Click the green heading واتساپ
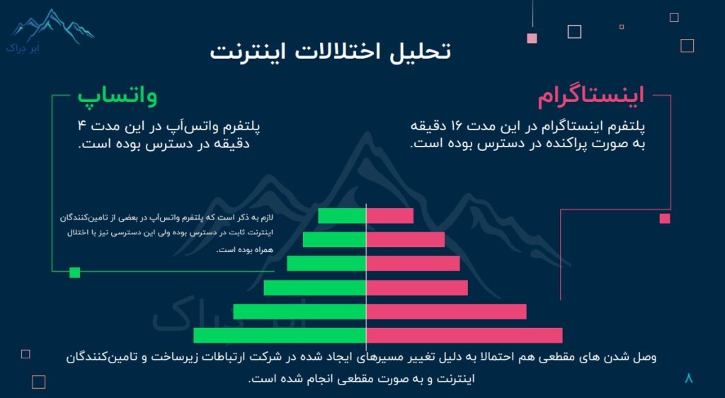[x=117, y=97]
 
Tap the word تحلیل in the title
[x=421, y=51]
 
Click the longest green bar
[x=280, y=336]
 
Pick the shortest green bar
[x=342, y=216]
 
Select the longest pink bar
[x=464, y=336]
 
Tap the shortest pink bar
[x=390, y=216]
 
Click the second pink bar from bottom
[x=446, y=312]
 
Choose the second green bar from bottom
[x=299, y=312]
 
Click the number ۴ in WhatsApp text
[x=82, y=126]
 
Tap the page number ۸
[x=689, y=378]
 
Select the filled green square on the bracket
[x=74, y=273]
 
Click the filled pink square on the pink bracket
[x=665, y=219]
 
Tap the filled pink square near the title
[x=532, y=38]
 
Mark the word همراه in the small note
[x=263, y=250]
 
